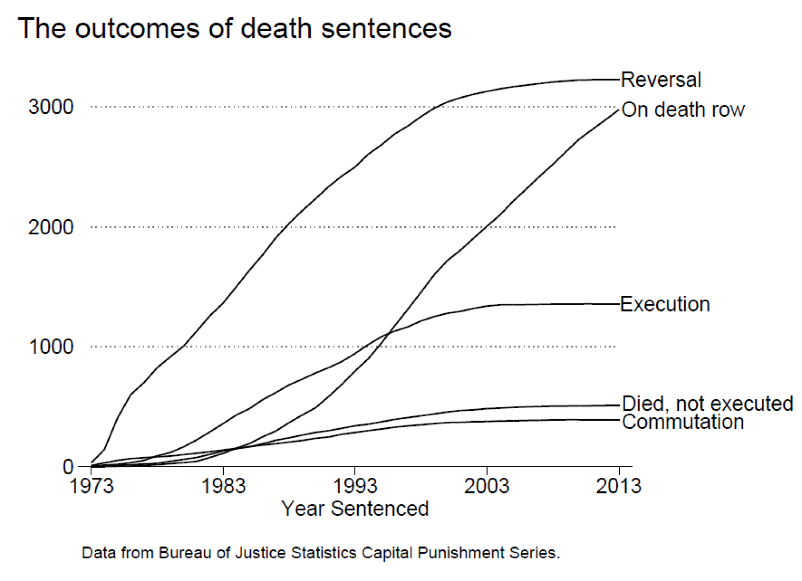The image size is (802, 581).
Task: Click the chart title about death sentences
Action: [x=235, y=28]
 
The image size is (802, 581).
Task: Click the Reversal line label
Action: [x=660, y=80]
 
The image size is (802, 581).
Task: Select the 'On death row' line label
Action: [x=683, y=110]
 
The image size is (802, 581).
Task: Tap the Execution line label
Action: [x=664, y=305]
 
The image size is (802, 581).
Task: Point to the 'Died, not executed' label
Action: [x=707, y=403]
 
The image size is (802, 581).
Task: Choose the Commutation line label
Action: [x=683, y=422]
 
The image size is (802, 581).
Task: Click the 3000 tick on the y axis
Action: [x=51, y=107]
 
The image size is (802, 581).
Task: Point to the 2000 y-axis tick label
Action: [x=51, y=227]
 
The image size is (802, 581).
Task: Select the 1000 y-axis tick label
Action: [x=51, y=347]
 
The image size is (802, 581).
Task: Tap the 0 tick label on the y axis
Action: [x=68, y=467]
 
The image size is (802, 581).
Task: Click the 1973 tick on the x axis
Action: [x=91, y=486]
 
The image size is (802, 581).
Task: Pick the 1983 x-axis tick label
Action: [x=223, y=486]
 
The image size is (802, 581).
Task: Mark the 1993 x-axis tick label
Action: [x=355, y=486]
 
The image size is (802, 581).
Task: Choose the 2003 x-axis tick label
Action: [x=486, y=486]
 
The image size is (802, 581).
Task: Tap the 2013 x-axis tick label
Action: [x=618, y=486]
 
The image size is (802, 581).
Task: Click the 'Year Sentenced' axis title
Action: [x=355, y=509]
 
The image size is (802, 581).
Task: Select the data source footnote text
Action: [x=320, y=553]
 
